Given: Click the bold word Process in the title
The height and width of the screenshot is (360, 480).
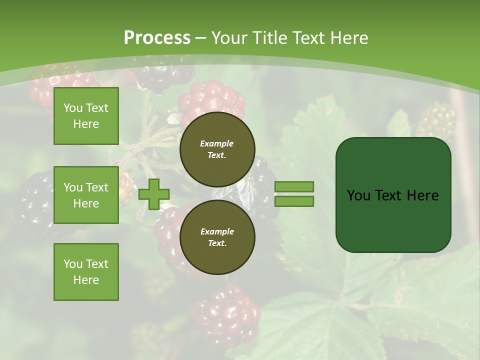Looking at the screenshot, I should point(157,37).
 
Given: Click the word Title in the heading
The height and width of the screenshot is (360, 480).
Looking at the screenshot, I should point(268,37).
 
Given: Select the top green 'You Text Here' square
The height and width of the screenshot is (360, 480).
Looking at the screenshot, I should point(86,116).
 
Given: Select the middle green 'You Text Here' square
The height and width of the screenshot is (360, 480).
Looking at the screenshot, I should point(86,195).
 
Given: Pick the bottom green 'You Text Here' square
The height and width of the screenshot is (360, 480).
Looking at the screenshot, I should point(86,272).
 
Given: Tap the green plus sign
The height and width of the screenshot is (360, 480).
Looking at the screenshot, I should point(154,194).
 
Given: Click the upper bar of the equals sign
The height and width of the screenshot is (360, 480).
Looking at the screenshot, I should point(294,187).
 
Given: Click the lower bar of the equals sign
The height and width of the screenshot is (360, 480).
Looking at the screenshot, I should point(294,201).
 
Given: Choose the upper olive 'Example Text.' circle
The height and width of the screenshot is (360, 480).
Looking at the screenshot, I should point(217,149).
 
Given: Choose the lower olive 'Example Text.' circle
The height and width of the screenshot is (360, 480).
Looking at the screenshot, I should point(217,237).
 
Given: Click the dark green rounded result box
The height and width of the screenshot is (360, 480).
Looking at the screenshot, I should point(393,220).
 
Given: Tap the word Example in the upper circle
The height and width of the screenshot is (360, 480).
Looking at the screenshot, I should point(217,143).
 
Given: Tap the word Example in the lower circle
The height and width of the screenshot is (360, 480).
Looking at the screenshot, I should point(217,231).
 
